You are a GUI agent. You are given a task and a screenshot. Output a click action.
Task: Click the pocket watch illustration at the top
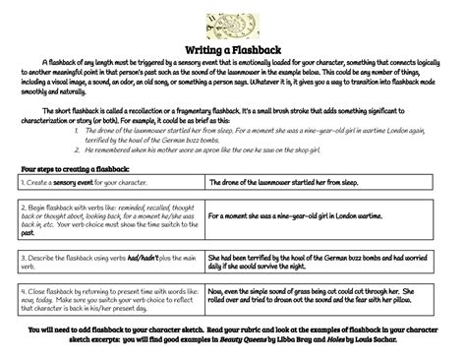pos(233,21)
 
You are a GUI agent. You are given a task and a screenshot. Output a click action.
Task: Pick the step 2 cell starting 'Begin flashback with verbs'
pos(108,221)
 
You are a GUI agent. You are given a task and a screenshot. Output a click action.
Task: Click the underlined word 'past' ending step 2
pos(28,234)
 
